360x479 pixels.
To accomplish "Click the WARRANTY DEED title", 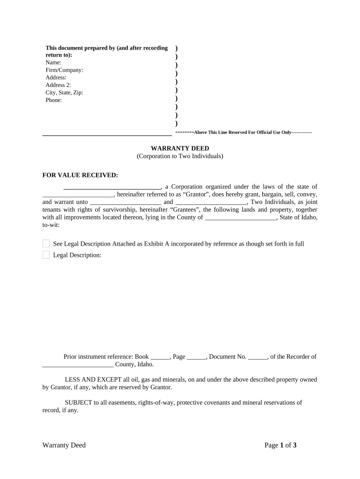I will pyautogui.click(x=180, y=148).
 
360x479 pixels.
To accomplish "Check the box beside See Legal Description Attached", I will pyautogui.click(x=46, y=244).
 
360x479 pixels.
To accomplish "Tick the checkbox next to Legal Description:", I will pyautogui.click(x=46, y=255).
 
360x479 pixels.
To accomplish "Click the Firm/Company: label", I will pyautogui.click(x=64, y=70).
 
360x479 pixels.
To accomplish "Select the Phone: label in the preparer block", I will pyautogui.click(x=54, y=100).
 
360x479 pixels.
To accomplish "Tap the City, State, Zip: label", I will pyautogui.click(x=64, y=93).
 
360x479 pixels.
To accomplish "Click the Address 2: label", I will pyautogui.click(x=58, y=85).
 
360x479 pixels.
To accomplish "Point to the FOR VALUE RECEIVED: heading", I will pyautogui.click(x=80, y=175).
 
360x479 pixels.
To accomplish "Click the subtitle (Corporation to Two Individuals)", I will pyautogui.click(x=180, y=156).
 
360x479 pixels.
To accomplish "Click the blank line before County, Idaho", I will pyautogui.click(x=78, y=365).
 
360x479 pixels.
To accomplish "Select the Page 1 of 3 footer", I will pyautogui.click(x=281, y=445).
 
